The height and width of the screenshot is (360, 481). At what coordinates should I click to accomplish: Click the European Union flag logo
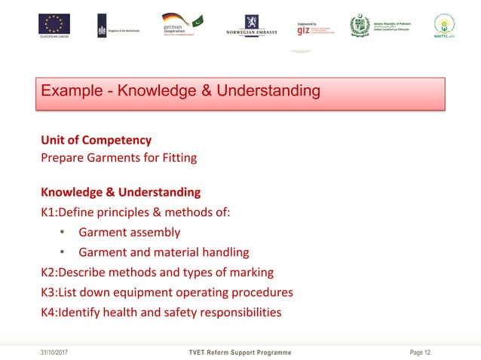pos(54,24)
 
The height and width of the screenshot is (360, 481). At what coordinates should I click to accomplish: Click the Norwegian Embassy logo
pos(252,27)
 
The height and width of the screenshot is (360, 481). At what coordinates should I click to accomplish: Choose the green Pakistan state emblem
pos(360,26)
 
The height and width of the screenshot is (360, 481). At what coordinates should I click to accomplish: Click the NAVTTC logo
pos(445,26)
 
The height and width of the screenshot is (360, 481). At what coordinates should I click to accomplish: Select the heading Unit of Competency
pos(96,140)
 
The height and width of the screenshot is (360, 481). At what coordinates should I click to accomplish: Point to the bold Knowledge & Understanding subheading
pos(121,192)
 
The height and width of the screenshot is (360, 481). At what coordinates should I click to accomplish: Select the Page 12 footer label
pos(420,352)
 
